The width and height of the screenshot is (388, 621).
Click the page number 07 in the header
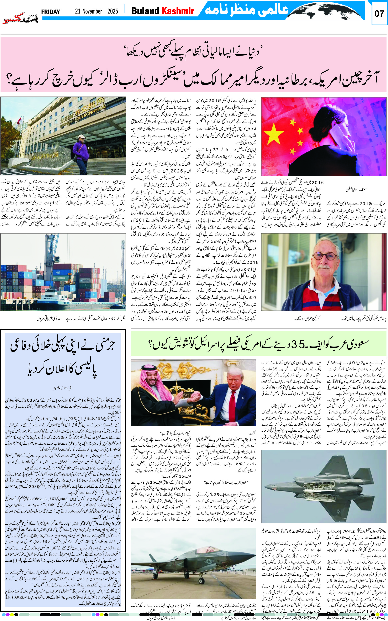click(x=379, y=13)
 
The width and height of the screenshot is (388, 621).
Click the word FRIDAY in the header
click(x=51, y=12)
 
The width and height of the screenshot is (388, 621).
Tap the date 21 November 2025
click(x=96, y=11)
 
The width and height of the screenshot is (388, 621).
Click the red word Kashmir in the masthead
click(x=178, y=11)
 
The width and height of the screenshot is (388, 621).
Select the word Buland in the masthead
click(x=145, y=11)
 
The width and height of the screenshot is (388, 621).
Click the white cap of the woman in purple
click(x=81, y=136)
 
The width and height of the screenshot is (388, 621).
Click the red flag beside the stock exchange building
click(x=19, y=120)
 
